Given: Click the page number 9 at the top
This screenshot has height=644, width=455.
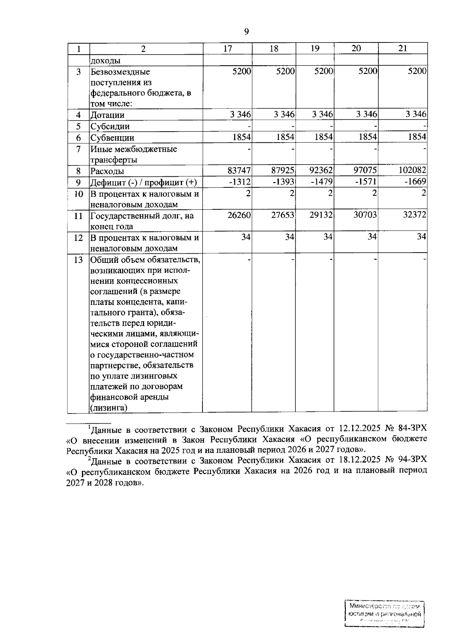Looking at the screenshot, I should (246, 31).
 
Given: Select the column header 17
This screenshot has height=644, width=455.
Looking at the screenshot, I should (227, 49).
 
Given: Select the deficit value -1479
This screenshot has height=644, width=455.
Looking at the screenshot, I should (322, 182).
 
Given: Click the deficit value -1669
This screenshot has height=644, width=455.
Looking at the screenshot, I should (415, 182).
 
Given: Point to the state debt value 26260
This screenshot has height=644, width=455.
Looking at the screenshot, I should (239, 215).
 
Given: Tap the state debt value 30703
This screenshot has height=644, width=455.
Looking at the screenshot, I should (365, 215).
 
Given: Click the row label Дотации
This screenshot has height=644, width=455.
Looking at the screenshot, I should (107, 115).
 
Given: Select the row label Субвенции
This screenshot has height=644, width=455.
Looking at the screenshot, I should (112, 138).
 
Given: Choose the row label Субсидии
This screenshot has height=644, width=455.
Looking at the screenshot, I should (110, 126).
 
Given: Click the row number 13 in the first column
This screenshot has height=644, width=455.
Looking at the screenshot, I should (78, 260).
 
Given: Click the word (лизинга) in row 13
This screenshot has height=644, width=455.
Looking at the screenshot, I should (108, 408).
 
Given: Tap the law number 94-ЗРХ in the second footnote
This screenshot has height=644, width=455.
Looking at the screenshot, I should (413, 460).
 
